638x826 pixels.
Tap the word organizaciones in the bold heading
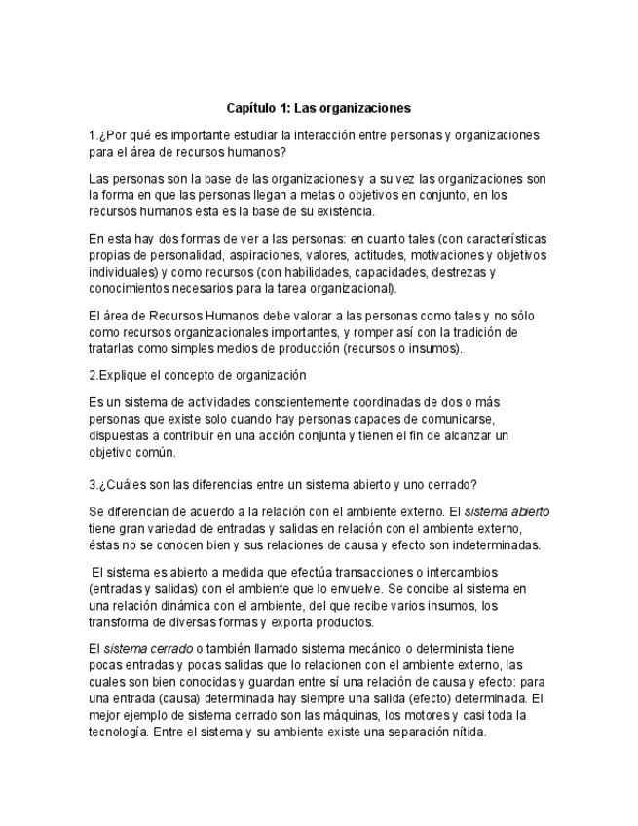[x=364, y=108]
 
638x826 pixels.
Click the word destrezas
[x=463, y=272]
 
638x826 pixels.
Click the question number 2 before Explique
[x=92, y=375]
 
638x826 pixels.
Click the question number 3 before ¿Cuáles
[x=92, y=484]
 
